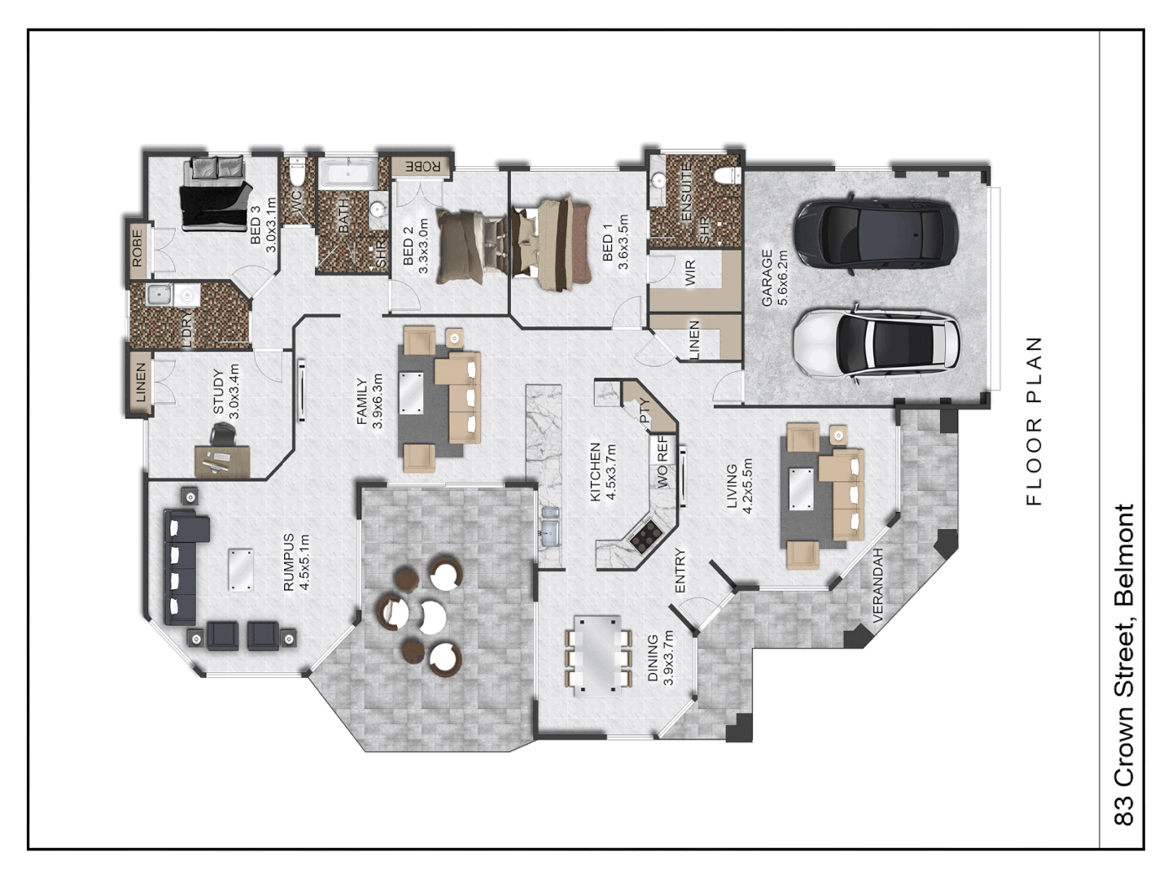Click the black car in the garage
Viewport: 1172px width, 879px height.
(877, 233)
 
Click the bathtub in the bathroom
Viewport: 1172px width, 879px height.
(347, 174)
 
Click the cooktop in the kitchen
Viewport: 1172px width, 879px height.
(646, 536)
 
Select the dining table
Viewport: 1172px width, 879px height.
(600, 655)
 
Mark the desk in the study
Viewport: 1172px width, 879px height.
(221, 461)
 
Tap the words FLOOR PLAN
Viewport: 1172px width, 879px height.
(1034, 421)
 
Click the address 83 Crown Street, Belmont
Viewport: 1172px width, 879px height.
(1124, 664)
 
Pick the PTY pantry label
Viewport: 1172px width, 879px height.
(645, 410)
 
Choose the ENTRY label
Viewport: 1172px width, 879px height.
(680, 570)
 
